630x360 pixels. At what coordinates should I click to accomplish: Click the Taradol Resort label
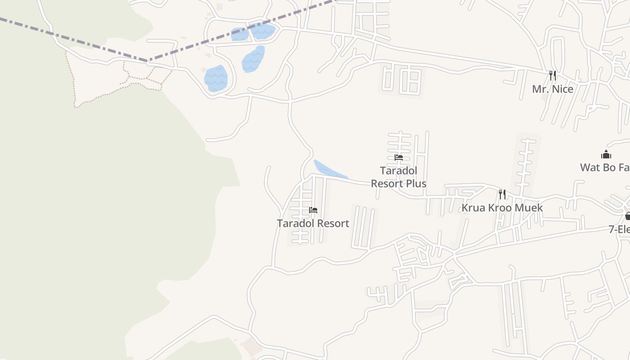click(313, 223)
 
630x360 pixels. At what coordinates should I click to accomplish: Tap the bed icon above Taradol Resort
click(313, 210)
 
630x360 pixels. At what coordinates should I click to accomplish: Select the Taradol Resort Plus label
click(399, 177)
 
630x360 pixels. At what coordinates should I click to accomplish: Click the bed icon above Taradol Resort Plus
click(399, 157)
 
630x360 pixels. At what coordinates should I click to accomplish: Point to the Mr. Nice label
click(553, 89)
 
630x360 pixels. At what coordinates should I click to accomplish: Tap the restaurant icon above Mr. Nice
click(553, 75)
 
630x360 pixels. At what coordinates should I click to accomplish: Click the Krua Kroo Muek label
click(502, 208)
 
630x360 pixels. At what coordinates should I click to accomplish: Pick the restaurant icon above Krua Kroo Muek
click(502, 194)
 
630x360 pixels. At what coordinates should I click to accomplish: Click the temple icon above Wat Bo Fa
click(606, 155)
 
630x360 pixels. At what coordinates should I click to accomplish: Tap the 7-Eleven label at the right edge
click(619, 229)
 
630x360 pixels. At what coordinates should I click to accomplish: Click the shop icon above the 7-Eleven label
click(628, 216)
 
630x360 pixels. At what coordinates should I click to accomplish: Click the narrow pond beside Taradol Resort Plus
click(330, 170)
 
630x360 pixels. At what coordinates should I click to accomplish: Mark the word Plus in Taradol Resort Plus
click(415, 184)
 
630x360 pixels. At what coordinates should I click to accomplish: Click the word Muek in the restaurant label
click(530, 208)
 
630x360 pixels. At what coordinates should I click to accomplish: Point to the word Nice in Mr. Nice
click(562, 89)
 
